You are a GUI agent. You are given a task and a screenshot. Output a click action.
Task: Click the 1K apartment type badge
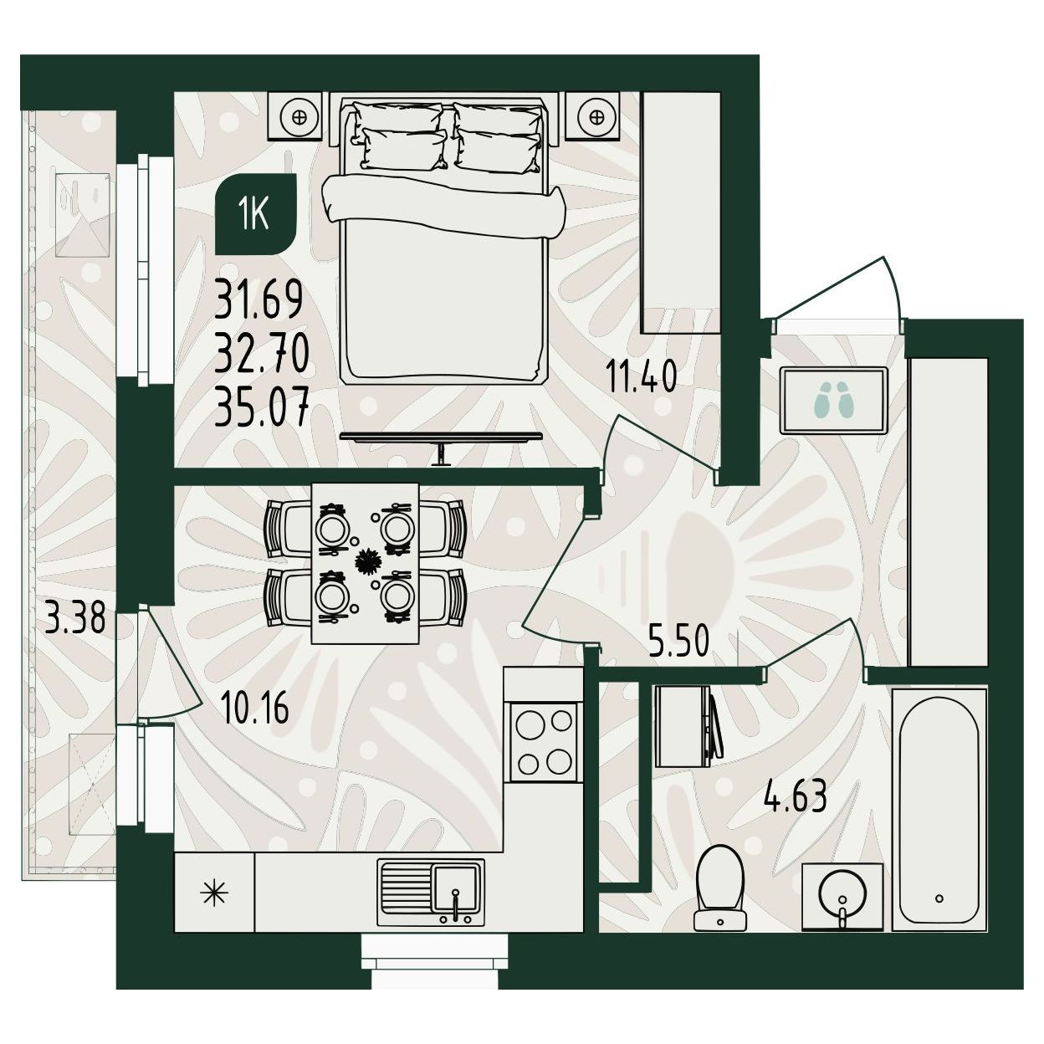pyautogui.click(x=256, y=214)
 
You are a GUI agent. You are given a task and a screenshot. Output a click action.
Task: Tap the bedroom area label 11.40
pyautogui.click(x=641, y=377)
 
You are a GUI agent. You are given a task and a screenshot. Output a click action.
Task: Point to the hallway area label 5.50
pyautogui.click(x=678, y=640)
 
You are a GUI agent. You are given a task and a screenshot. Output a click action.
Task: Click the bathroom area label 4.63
pyautogui.click(x=795, y=796)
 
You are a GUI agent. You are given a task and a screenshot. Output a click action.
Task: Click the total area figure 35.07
pyautogui.click(x=262, y=405)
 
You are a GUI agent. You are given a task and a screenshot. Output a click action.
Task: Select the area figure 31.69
pyautogui.click(x=258, y=299)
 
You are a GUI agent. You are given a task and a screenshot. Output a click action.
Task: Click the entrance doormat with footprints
pyautogui.click(x=833, y=400)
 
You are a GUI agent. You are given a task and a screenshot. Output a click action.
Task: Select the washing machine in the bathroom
pyautogui.click(x=688, y=726)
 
